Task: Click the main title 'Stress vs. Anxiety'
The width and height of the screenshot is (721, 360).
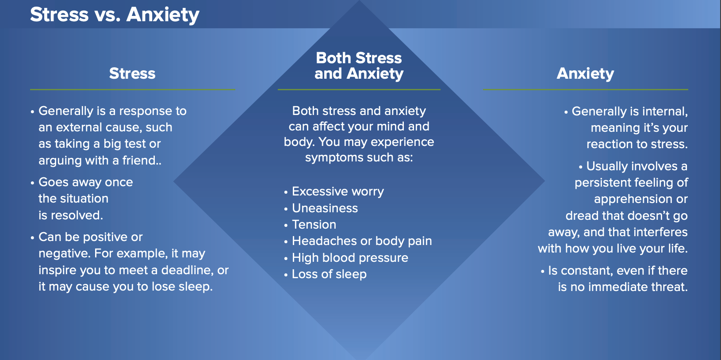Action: point(115,15)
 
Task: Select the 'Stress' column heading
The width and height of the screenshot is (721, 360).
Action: point(132,73)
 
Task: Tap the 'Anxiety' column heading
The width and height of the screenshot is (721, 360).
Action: point(585,74)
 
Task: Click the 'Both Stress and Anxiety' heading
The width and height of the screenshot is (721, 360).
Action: point(359,66)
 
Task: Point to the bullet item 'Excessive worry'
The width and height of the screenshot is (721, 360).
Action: point(337,191)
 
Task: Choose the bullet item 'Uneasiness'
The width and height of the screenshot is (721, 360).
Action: point(325,208)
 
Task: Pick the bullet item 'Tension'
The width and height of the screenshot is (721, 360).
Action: point(314,225)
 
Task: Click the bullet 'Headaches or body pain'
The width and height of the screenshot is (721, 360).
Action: point(362,241)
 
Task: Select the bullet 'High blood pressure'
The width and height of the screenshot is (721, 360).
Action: point(350,258)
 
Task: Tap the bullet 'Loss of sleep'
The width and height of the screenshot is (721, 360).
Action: point(329,274)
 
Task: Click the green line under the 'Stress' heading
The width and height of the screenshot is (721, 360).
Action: point(133,89)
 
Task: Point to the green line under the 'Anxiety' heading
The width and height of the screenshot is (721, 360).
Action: point(586,89)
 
